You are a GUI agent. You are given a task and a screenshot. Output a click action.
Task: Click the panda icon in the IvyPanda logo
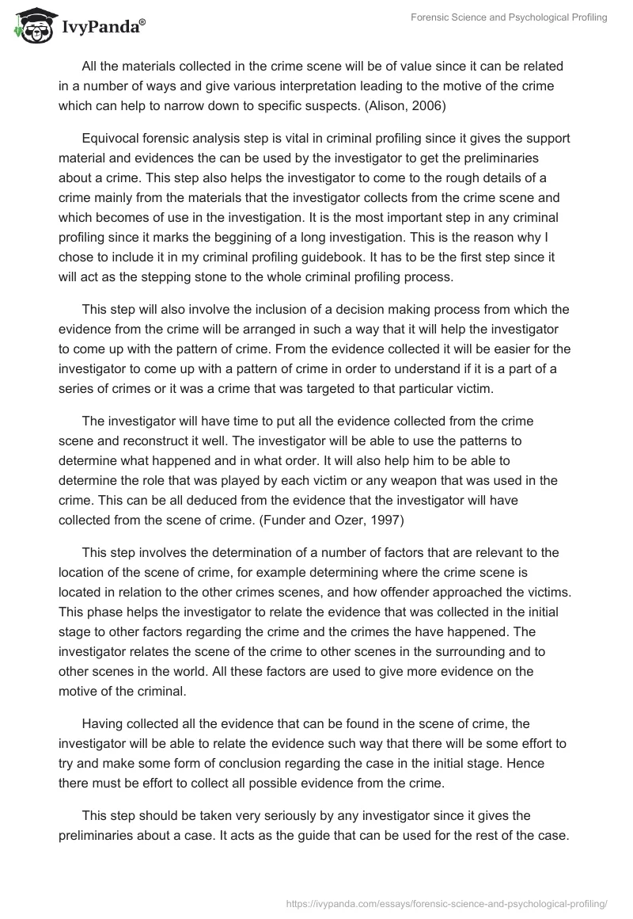click(29, 25)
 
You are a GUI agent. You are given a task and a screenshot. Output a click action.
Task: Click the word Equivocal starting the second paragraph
click(111, 138)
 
